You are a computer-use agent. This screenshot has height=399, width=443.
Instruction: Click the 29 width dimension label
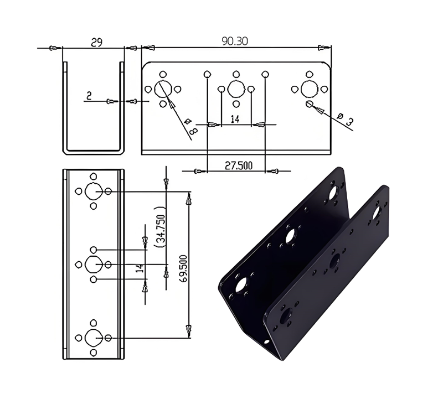(96, 43)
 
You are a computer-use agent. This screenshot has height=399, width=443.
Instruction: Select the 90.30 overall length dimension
(235, 41)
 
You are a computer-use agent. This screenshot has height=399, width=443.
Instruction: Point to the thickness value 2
(89, 96)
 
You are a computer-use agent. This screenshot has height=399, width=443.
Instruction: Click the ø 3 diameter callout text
(346, 119)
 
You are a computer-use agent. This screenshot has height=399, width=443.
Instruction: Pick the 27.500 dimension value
(239, 165)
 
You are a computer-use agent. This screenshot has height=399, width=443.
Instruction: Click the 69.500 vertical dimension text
(183, 270)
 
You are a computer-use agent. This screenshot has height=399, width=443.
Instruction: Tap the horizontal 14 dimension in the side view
(235, 119)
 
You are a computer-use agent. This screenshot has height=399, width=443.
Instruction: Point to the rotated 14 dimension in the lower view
(140, 268)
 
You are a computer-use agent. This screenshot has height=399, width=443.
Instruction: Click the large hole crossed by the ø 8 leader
(163, 89)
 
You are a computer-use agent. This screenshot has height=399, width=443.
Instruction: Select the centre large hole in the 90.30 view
(236, 89)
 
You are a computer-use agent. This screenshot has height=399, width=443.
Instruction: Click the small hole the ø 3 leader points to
(309, 104)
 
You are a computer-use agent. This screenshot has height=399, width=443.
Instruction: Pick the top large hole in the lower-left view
(93, 191)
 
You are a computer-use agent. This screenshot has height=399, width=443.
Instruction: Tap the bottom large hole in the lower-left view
(93, 338)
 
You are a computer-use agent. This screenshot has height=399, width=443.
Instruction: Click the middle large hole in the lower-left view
(93, 265)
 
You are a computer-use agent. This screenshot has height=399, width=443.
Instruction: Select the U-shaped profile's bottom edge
(94, 153)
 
